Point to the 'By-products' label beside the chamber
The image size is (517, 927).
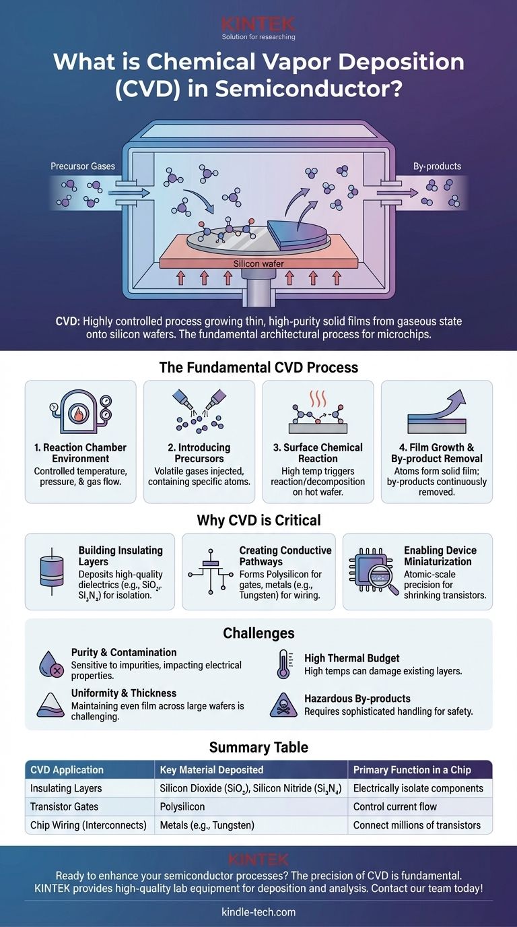coord(437,166)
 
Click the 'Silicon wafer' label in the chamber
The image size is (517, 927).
coord(259,263)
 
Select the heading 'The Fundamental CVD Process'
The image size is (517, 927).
coord(258,368)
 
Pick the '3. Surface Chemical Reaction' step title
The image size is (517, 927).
coord(318,453)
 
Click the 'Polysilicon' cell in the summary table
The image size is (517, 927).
coord(182,806)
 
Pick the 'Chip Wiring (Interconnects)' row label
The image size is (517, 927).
coord(89,825)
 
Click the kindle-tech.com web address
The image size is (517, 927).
coord(258,912)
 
